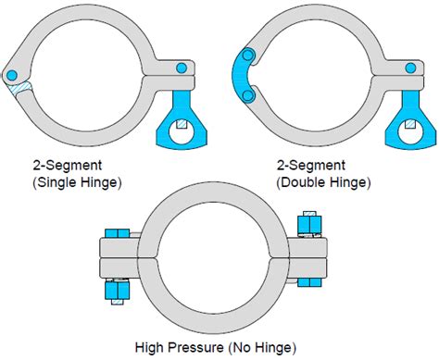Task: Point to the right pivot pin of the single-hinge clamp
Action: pos(182,67)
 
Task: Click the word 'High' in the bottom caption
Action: pos(151,348)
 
